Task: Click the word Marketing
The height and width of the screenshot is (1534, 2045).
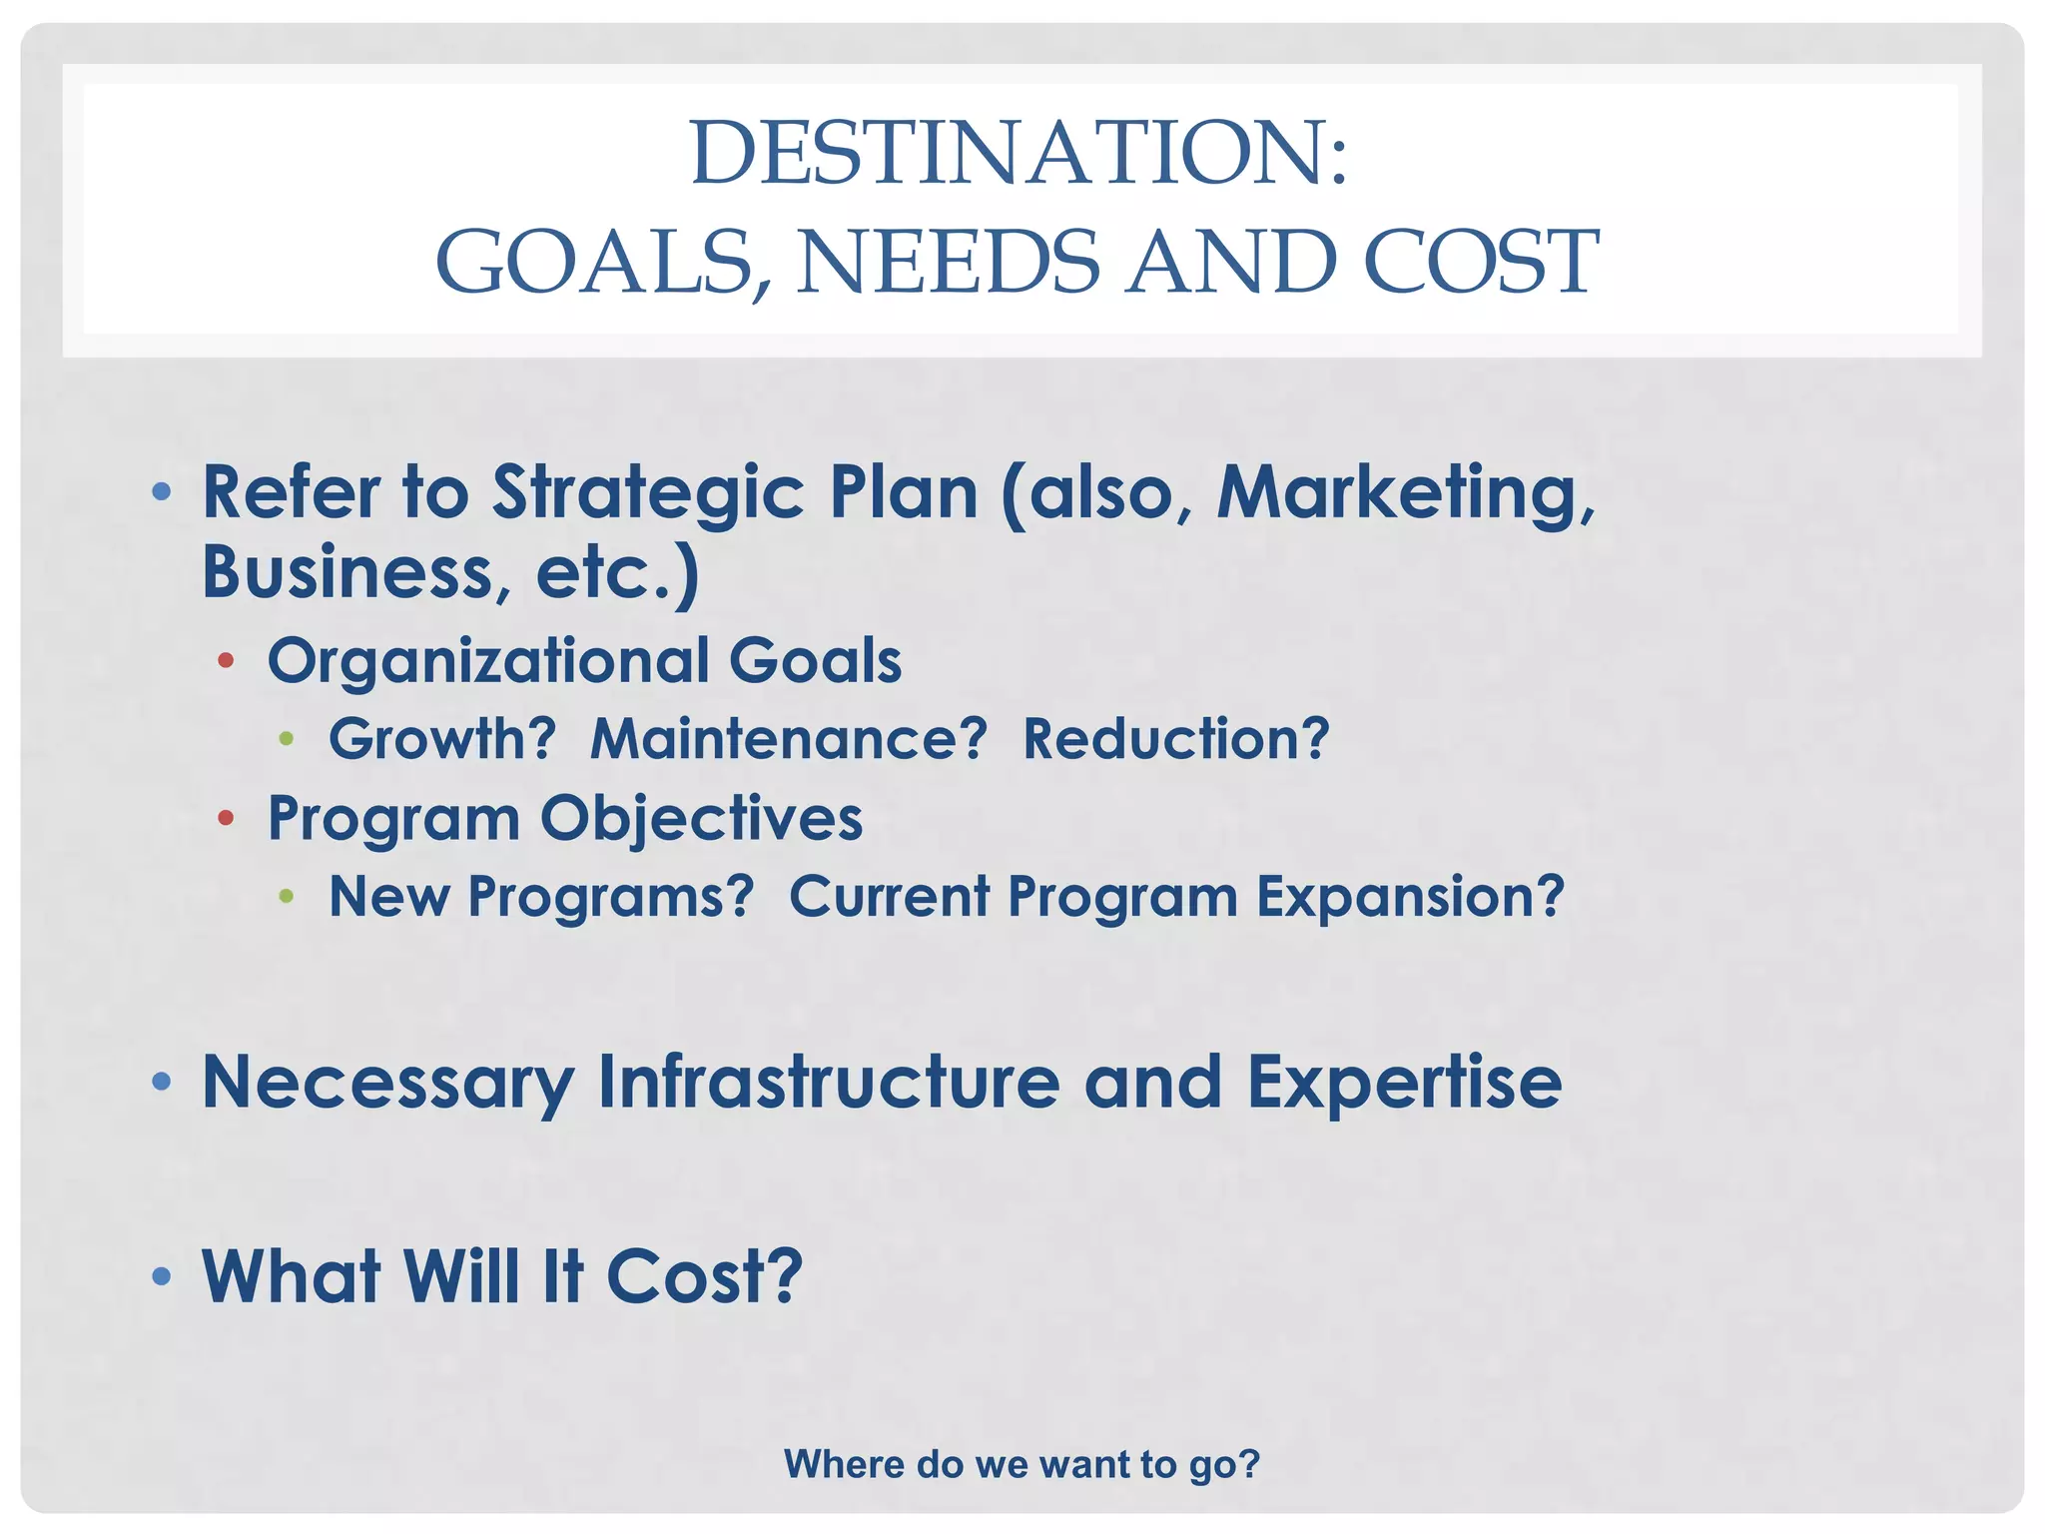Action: click(1403, 494)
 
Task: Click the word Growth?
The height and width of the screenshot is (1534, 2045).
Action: click(441, 739)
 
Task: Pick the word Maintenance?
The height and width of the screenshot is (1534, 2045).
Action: click(788, 739)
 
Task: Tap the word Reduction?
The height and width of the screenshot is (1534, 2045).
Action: click(1175, 739)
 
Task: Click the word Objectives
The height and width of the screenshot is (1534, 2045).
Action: click(701, 819)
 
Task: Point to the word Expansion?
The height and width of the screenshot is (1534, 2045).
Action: click(1409, 897)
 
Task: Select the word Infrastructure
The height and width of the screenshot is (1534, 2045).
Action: click(828, 1083)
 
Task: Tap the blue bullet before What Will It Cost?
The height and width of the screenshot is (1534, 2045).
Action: click(162, 1276)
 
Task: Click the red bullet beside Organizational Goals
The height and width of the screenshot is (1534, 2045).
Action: click(227, 660)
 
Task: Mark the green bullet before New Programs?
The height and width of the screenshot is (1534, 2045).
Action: click(287, 896)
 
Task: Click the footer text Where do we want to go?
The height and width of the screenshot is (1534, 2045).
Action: click(1022, 1464)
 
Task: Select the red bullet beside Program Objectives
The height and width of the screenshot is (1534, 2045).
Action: click(227, 819)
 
